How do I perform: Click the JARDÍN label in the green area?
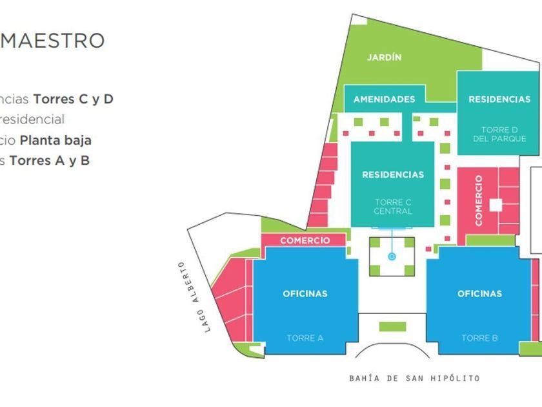[384, 57]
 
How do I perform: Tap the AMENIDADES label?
[384, 99]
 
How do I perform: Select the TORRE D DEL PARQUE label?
[499, 134]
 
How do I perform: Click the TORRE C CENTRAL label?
[392, 207]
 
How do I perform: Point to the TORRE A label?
[305, 338]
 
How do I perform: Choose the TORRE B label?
[479, 338]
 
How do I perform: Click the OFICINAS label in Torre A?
[305, 294]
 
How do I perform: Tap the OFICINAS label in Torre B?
[479, 294]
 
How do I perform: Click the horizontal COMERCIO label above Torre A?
[305, 240]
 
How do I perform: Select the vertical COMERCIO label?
[479, 200]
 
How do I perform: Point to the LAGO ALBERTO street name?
[194, 297]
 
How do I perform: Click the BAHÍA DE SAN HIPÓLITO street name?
[414, 378]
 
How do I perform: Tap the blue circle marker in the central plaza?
[391, 256]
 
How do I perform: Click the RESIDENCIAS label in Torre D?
[499, 99]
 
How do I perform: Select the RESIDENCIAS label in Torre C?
[393, 174]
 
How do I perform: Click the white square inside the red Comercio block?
[496, 205]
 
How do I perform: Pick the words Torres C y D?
[73, 99]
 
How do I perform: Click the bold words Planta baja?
[55, 140]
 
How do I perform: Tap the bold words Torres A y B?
[50, 160]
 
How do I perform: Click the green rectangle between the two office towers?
[392, 326]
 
